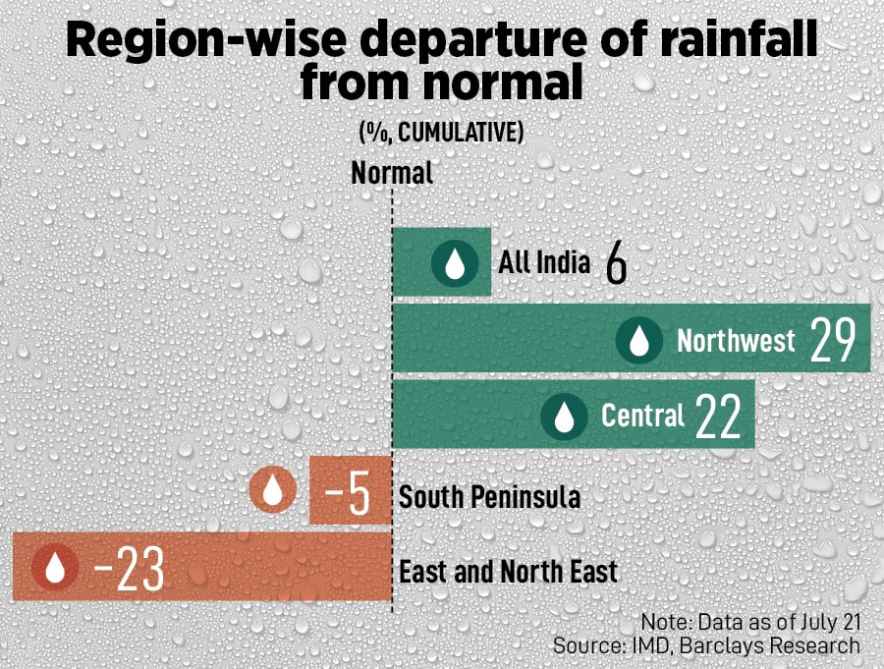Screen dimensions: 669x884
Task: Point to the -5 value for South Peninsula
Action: (347, 493)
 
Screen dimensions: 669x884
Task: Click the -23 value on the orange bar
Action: (128, 570)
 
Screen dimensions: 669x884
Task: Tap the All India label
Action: (544, 263)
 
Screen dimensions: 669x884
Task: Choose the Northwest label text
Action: (736, 341)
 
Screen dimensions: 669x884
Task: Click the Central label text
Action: (642, 417)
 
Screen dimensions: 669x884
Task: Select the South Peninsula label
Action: (489, 497)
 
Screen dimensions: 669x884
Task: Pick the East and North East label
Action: (508, 572)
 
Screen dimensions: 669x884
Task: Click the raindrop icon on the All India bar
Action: (456, 263)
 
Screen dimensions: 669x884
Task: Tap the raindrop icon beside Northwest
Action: (639, 341)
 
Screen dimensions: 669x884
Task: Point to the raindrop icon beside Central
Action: (564, 417)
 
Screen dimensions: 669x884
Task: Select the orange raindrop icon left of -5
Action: (273, 490)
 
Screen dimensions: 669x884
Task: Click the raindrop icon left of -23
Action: (55, 568)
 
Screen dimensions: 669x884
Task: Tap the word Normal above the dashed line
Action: (392, 174)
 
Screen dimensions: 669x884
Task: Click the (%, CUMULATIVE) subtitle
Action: (440, 133)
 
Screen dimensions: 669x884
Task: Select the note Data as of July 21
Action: (750, 623)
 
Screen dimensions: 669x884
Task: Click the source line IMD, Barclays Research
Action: (706, 645)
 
